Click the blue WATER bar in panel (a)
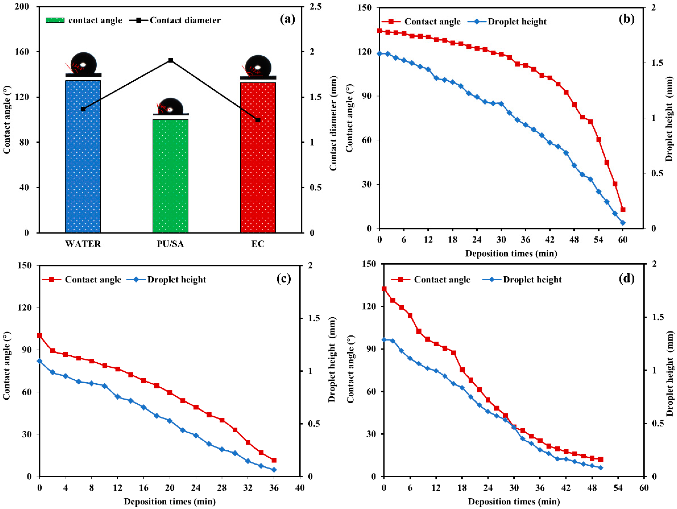83,156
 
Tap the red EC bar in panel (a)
258,158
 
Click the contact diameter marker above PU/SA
171,60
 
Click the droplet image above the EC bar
258,67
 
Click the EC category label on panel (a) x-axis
258,244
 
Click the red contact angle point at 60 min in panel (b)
623,210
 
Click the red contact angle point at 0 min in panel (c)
39,336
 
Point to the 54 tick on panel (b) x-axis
599,240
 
